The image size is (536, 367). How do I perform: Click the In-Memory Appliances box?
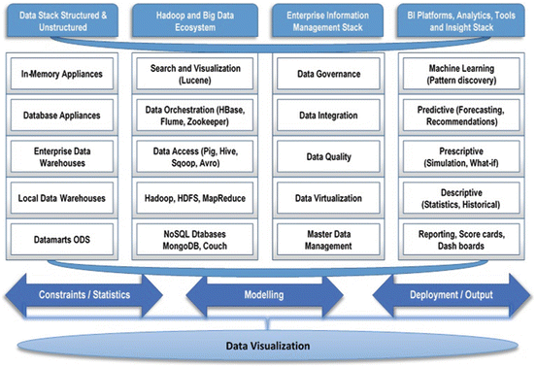pos(61,74)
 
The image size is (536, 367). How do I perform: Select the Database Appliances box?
pos(61,116)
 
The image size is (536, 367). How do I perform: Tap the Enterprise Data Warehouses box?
pos(61,156)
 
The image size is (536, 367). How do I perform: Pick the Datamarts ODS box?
pos(61,239)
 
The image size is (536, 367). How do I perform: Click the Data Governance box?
pos(328,74)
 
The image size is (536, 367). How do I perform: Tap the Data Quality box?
pos(328,156)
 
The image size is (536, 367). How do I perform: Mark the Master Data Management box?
pos(328,239)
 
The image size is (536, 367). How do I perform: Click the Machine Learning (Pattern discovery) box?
pos(461,74)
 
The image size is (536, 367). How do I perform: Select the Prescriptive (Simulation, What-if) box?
pos(461,156)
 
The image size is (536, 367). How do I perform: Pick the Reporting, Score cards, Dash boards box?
pos(461,239)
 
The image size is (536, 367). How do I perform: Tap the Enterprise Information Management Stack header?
pos(328,20)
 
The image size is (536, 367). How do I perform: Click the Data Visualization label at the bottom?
pos(267,345)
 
